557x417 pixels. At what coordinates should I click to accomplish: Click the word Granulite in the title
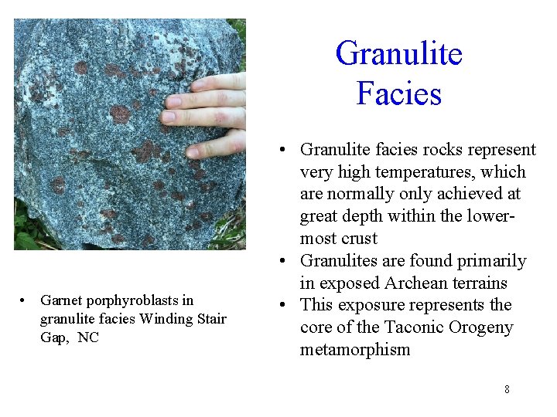(398, 54)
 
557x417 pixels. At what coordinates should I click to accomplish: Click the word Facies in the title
(398, 93)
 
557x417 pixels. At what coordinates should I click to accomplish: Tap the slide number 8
(507, 389)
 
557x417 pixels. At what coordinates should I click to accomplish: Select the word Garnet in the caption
(60, 300)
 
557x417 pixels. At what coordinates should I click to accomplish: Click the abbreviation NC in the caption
(88, 337)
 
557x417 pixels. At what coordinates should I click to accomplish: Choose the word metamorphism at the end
(355, 349)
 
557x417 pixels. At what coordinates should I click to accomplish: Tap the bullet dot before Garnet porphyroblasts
(25, 300)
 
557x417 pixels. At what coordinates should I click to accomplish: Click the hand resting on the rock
(207, 108)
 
